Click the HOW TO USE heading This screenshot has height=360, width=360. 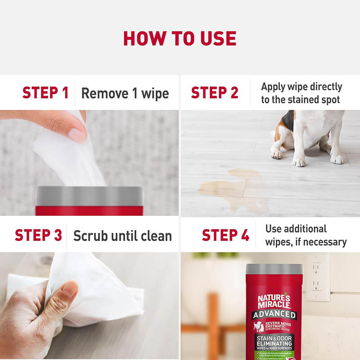pyautogui.click(x=180, y=38)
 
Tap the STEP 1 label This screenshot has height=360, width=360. pyautogui.click(x=45, y=93)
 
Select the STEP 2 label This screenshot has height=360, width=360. pyautogui.click(x=215, y=93)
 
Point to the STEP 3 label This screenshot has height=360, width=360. pyautogui.click(x=38, y=235)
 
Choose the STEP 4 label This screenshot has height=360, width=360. pyautogui.click(x=225, y=235)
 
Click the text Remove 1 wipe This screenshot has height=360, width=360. pyautogui.click(x=125, y=94)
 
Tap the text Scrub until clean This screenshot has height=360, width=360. pyautogui.click(x=122, y=236)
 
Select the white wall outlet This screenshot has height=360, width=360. pyautogui.click(x=318, y=277)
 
